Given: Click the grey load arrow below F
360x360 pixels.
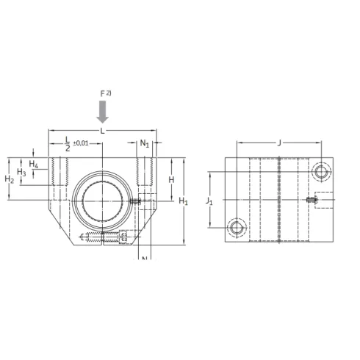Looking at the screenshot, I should point(103,112).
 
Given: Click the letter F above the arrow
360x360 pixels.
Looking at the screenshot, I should point(102,94).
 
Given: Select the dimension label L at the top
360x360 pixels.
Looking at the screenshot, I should point(102,130).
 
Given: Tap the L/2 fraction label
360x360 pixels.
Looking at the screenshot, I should point(68,143).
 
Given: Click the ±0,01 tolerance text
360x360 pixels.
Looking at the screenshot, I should point(81,143).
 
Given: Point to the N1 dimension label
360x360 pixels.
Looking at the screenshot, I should point(145,143).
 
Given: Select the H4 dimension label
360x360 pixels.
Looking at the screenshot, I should point(34,162).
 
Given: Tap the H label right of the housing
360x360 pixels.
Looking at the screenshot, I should point(171,179).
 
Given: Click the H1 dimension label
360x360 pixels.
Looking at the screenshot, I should point(184,201).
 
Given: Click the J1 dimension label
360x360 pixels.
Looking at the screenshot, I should point(209,200).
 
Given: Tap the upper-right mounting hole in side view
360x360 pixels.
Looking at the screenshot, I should point(321,172).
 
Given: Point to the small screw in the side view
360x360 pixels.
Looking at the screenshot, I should point(312,199).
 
